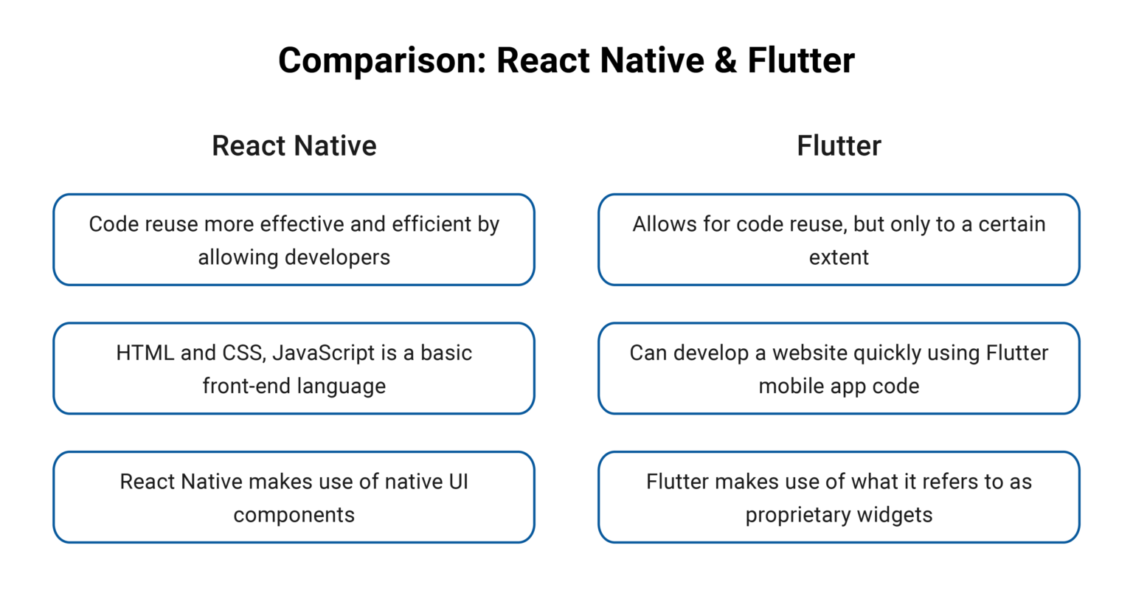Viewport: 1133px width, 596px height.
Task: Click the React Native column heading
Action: pos(294,145)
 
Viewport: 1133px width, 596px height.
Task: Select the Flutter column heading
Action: pos(839,145)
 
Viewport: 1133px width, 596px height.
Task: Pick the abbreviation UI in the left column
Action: pos(458,482)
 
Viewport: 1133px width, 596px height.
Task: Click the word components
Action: pos(294,515)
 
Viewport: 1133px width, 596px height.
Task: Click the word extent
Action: pos(839,257)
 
